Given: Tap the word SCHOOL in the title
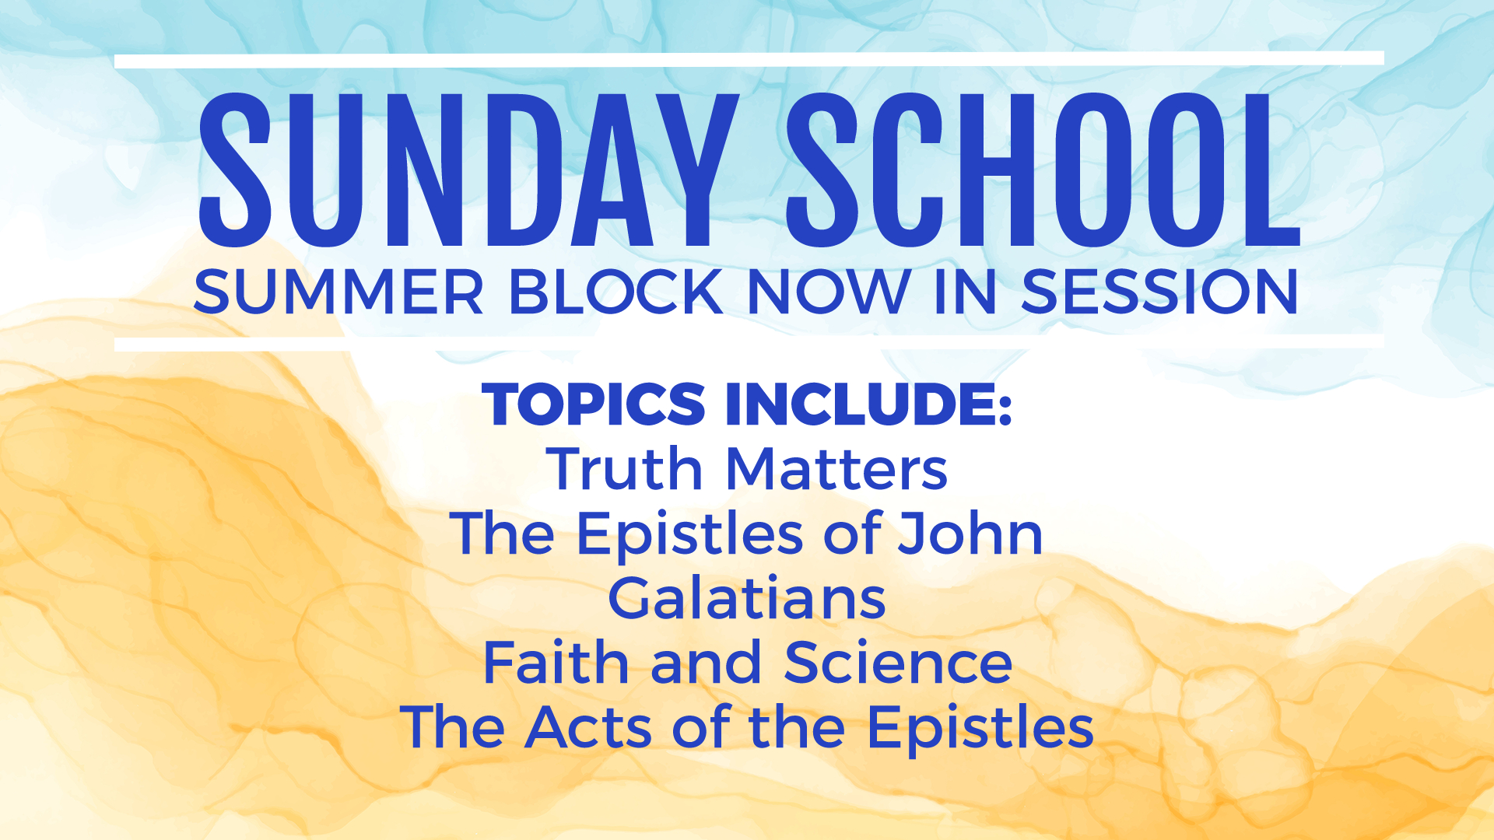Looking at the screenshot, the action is pyautogui.click(x=1043, y=170).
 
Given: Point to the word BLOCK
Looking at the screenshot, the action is pyautogui.click(x=616, y=292).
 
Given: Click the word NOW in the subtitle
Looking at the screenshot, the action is pyautogui.click(x=828, y=292).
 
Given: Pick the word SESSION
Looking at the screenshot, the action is pyautogui.click(x=1159, y=292).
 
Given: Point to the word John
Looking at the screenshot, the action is pyautogui.click(x=970, y=534).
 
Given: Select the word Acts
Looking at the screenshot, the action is pyautogui.click(x=588, y=727).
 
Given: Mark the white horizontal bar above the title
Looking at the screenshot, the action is pyautogui.click(x=749, y=60).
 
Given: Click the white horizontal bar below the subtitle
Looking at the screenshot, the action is pyautogui.click(x=749, y=343).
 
